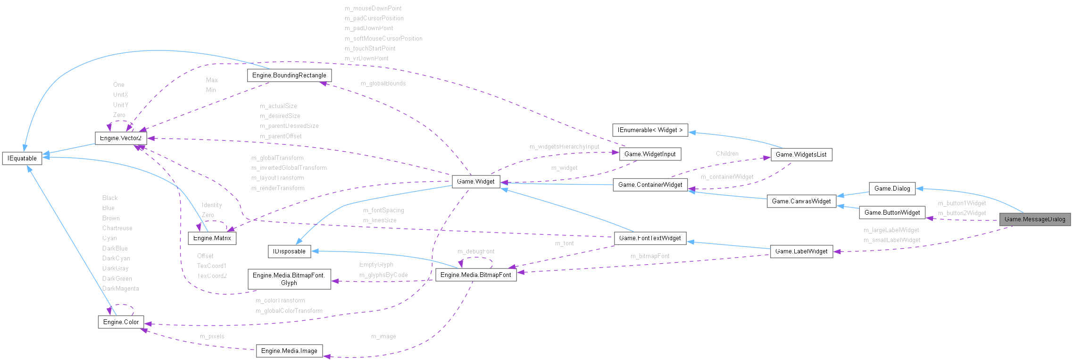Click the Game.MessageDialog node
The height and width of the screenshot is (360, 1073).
1035,219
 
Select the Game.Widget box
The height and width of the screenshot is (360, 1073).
476,182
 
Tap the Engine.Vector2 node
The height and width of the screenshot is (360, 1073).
121,138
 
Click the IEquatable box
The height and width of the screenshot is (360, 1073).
22,159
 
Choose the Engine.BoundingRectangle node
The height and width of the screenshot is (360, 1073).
289,75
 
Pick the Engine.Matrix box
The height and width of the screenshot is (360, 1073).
212,238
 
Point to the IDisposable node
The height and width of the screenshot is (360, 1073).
289,251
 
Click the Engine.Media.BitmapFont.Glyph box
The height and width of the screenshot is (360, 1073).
289,279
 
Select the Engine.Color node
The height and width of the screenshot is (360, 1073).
121,322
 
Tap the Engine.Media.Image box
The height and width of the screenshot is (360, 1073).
289,351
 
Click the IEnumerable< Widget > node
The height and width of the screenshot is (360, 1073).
650,130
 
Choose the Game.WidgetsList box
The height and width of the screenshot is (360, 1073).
801,155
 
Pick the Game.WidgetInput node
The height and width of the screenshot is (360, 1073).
650,154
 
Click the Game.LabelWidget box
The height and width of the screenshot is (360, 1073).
801,251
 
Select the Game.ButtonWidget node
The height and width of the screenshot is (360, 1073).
892,213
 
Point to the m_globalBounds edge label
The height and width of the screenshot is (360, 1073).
383,84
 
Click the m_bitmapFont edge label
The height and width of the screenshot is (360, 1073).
650,256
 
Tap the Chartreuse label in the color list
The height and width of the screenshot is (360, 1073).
117,228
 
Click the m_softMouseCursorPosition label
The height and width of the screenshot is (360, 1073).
383,39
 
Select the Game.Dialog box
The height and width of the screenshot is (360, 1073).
892,189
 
